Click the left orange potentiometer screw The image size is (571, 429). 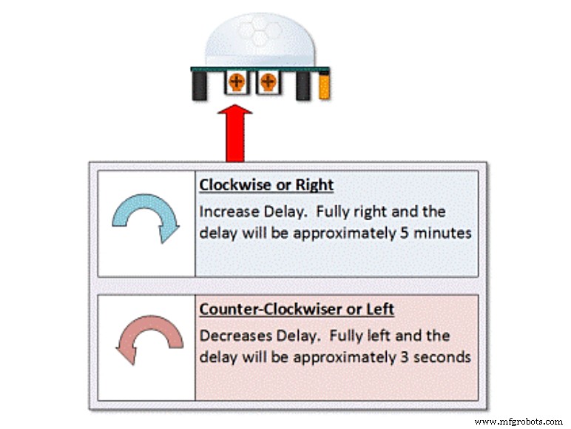235,82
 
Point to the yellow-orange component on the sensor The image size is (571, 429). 324,86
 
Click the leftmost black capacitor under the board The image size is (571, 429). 199,86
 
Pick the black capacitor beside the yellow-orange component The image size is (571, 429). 303,86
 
